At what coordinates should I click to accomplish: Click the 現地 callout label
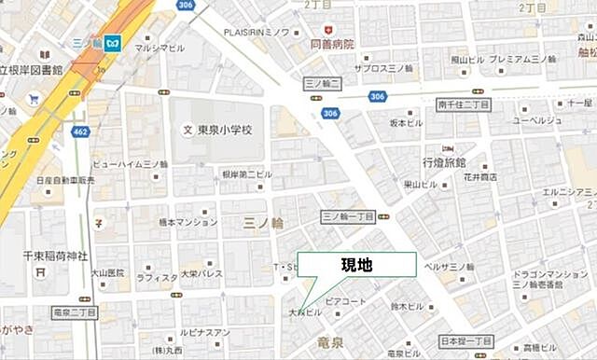(356, 265)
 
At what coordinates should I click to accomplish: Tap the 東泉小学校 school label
(224, 130)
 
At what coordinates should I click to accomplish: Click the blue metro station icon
(113, 43)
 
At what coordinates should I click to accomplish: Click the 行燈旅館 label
(444, 163)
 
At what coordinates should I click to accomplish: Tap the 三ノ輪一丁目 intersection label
(347, 215)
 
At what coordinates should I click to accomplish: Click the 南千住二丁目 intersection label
(464, 105)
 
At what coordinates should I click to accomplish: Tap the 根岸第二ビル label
(246, 173)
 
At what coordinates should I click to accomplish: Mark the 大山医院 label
(107, 273)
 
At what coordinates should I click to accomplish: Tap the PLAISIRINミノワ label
(258, 32)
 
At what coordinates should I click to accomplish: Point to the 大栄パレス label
(201, 274)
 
